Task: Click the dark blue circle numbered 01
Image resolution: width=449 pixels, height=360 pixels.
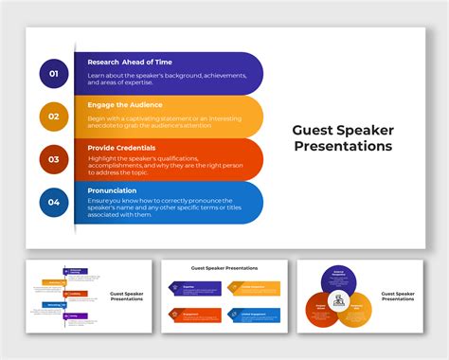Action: click(x=54, y=73)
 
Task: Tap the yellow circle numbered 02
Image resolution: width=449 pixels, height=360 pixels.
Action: click(x=54, y=116)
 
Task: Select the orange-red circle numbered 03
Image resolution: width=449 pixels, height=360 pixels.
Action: click(x=54, y=159)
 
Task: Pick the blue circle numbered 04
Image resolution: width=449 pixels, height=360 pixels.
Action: click(x=54, y=202)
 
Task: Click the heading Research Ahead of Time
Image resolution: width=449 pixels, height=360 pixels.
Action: click(x=129, y=62)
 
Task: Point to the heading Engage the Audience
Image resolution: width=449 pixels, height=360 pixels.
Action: click(x=125, y=104)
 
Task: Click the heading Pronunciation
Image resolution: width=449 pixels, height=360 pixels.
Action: click(x=112, y=190)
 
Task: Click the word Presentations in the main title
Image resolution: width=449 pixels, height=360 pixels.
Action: click(x=342, y=147)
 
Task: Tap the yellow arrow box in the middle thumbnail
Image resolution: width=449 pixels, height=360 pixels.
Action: click(x=255, y=287)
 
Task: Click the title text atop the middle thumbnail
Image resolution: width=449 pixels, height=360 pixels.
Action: click(x=224, y=268)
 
